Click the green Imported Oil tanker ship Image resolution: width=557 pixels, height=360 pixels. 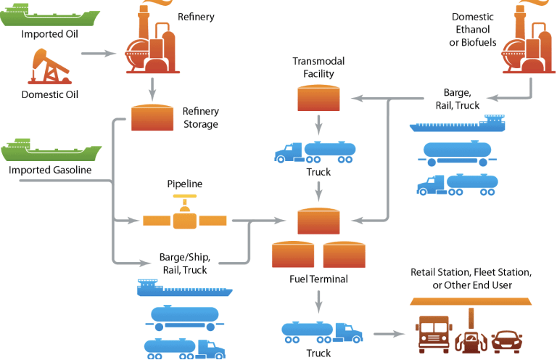coord(51,15)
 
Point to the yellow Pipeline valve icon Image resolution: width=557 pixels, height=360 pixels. coord(184,218)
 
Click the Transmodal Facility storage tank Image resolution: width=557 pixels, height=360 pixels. coord(318,97)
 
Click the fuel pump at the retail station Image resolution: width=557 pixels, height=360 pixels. coord(471,335)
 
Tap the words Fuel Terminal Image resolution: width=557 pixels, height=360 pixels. coord(318,279)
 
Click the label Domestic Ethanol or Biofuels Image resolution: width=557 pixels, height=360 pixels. coord(473,30)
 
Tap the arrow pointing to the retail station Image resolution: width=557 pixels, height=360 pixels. coord(389,335)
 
